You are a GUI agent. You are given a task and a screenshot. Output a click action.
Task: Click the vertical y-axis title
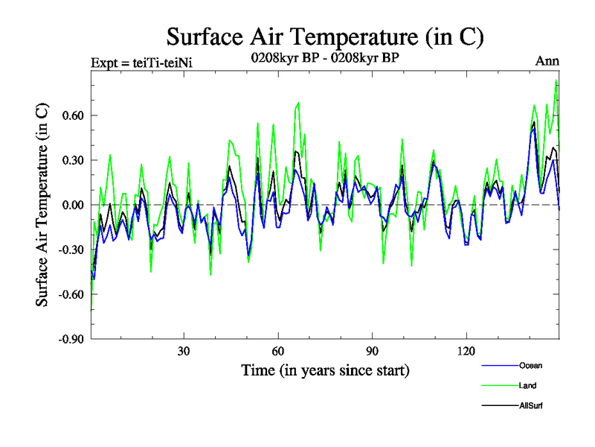coord(42,205)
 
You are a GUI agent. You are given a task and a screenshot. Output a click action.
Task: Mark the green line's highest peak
coord(556,80)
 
